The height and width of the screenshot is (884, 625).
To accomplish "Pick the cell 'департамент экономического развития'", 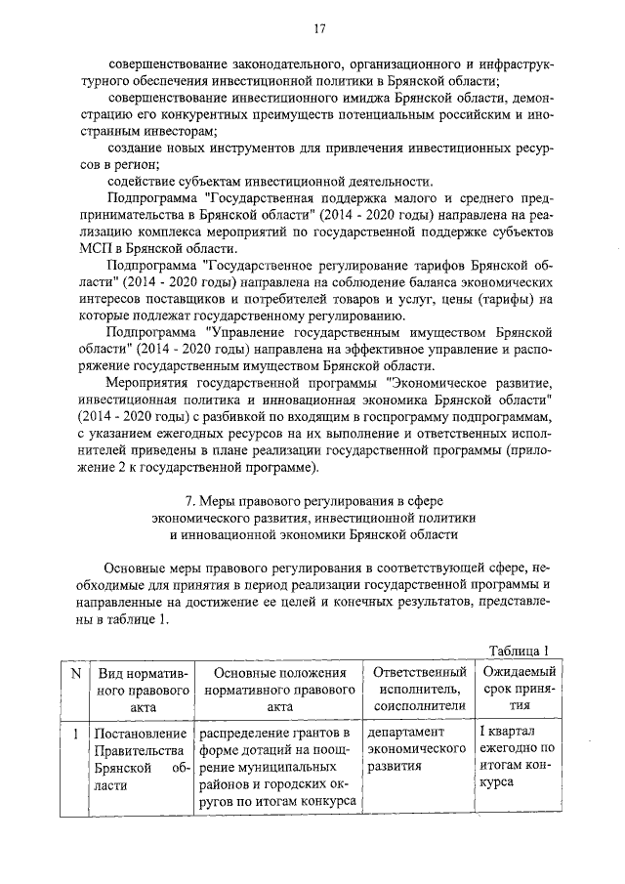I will click(414, 749).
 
